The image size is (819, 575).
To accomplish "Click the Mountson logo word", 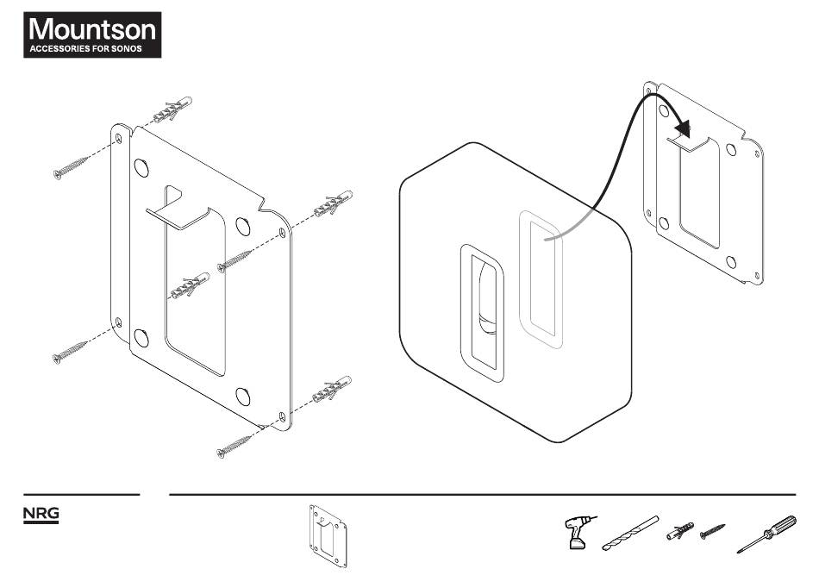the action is [x=92, y=28].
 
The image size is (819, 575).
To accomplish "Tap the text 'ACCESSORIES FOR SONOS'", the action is [x=85, y=48].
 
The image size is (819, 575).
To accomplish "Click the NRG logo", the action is [x=41, y=514].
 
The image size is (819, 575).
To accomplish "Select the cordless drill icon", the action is [x=578, y=532].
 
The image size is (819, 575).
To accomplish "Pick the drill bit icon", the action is [x=630, y=533].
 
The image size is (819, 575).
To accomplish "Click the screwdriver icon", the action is [x=766, y=534].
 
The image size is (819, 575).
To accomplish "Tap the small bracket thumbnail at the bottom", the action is [x=328, y=536].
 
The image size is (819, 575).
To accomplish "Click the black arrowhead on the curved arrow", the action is [x=683, y=128].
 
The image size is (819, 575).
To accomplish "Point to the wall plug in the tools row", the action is [x=680, y=531].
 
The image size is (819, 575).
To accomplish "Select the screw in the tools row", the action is [x=712, y=532].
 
